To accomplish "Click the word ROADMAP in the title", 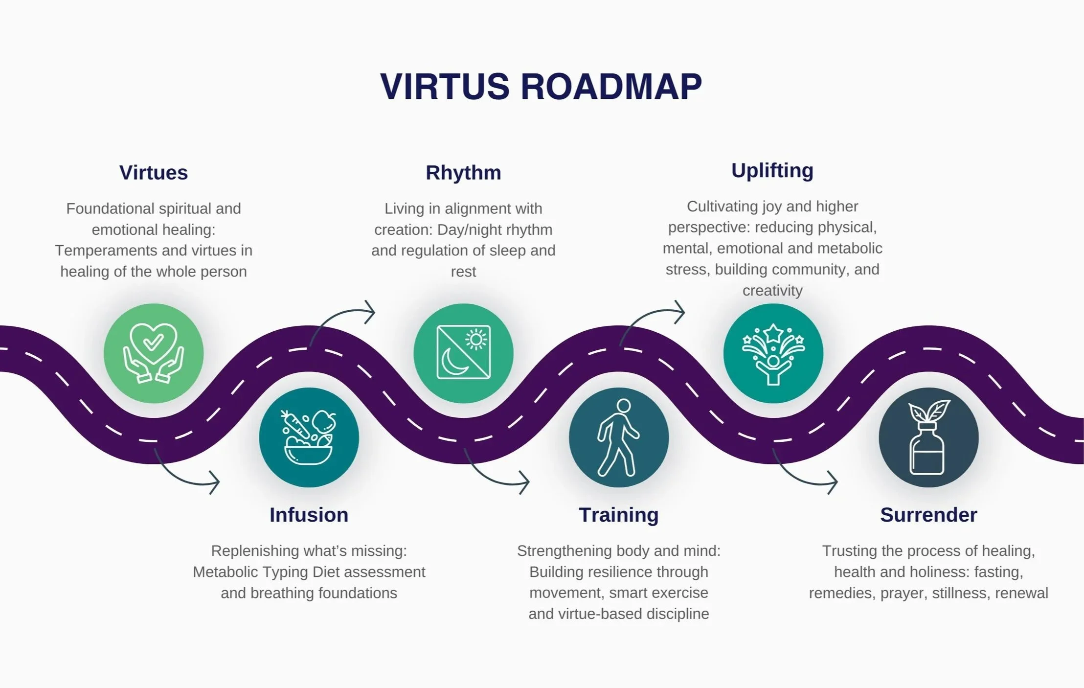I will (611, 87).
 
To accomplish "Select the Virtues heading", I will (154, 173).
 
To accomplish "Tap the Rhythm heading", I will (463, 173).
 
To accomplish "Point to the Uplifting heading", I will (772, 171).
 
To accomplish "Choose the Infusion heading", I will (309, 515).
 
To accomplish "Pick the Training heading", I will (618, 515).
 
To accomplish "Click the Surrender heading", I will (928, 515).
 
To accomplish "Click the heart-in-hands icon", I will (154, 353).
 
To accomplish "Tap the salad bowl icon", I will (309, 437).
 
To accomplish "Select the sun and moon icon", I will (463, 353).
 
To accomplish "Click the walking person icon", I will (618, 437).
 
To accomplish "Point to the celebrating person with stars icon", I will (773, 353).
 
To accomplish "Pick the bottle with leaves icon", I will (928, 437).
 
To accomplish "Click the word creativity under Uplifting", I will (772, 291).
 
